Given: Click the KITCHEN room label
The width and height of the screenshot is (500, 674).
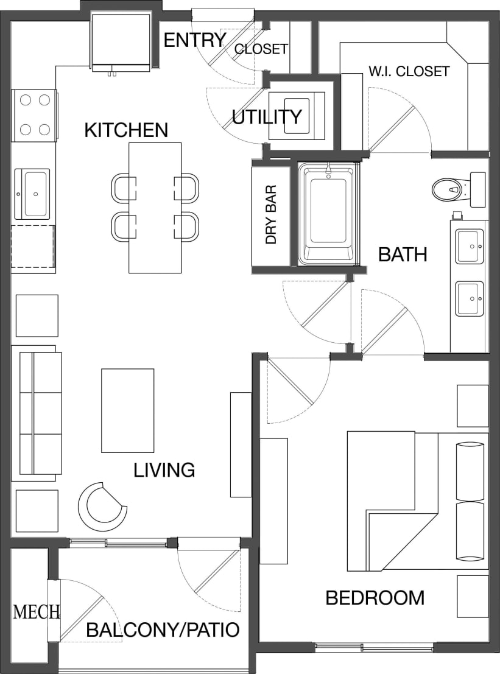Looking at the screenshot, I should tap(125, 130).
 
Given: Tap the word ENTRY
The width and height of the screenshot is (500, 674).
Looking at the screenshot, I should tap(194, 40).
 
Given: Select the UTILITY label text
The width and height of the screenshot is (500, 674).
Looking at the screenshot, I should tap(267, 116).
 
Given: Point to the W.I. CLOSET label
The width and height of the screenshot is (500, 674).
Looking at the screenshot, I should tap(409, 71).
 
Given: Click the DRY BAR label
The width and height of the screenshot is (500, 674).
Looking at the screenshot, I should tap(271, 215).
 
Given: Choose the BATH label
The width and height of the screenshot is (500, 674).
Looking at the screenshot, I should tap(402, 255).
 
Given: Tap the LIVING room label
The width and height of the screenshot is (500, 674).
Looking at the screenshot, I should tap(164, 469).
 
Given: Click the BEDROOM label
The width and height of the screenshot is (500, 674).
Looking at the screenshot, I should tap(375, 597).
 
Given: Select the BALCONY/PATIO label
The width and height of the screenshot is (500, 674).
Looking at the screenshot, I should tap(163, 630).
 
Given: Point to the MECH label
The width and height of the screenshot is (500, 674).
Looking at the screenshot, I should tap(37, 612).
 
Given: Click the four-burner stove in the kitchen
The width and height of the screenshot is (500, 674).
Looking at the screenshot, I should tap(35, 114).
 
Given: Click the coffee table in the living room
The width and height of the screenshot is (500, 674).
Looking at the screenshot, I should tap(127, 410).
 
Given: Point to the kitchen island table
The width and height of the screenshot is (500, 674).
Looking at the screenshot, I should tap(155, 207).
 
